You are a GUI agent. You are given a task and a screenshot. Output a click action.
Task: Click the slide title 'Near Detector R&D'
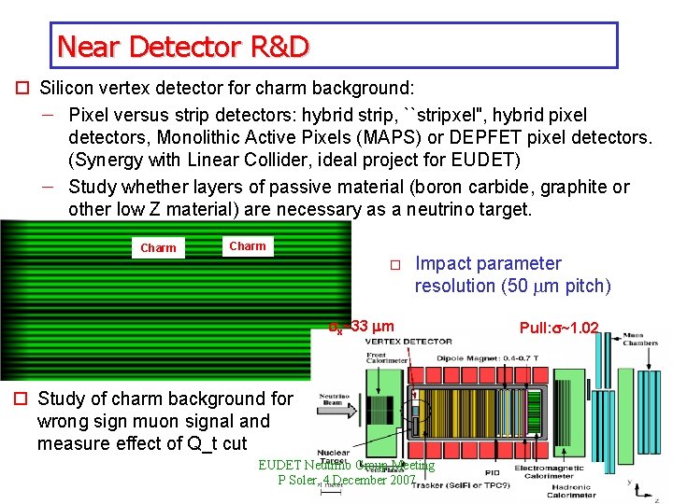182,46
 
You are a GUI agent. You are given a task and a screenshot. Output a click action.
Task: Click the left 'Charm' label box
158,248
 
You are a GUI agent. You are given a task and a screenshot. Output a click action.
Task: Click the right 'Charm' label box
248,246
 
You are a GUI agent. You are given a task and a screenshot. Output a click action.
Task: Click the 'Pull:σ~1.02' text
559,329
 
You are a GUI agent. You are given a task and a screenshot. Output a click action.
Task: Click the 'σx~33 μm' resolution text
361,328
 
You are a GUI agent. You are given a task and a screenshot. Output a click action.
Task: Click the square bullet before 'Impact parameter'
395,265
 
